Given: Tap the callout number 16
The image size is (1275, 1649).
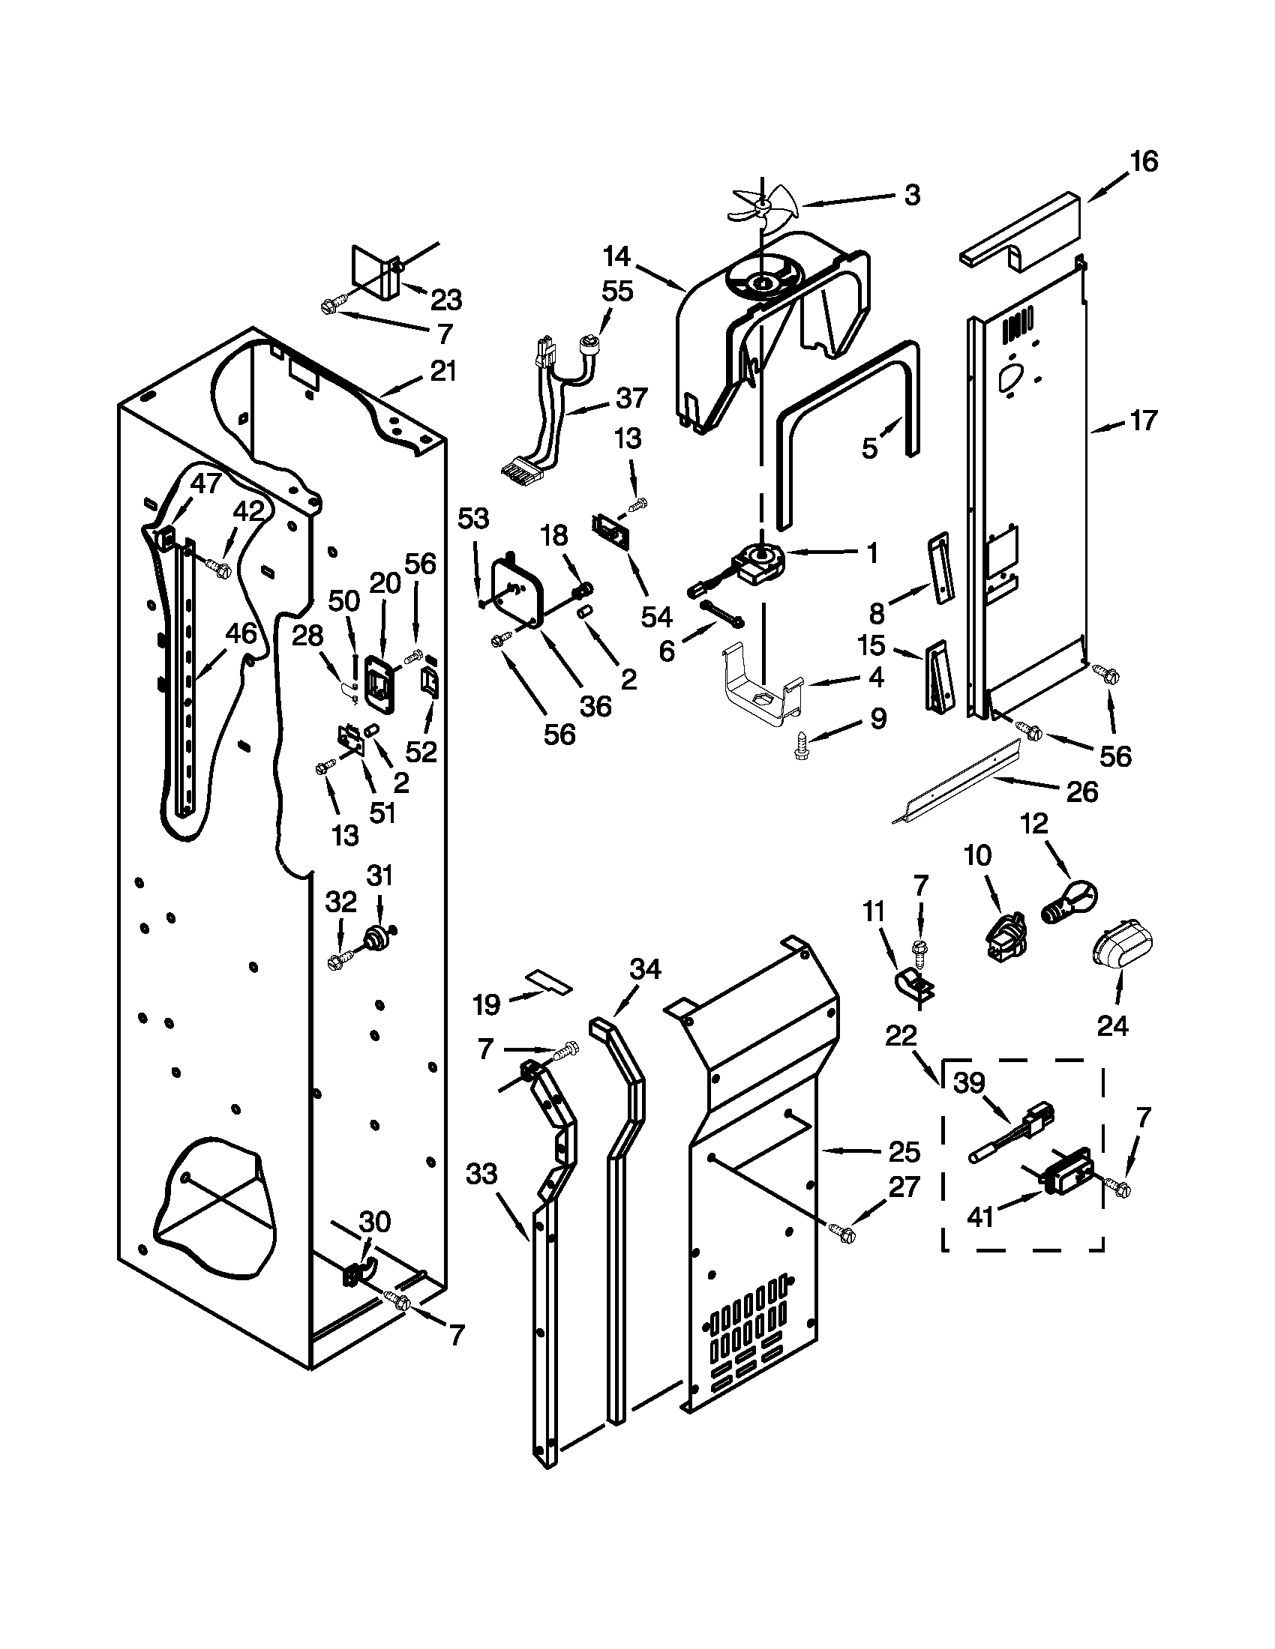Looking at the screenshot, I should (1144, 162).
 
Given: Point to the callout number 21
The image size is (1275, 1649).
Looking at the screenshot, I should (442, 372).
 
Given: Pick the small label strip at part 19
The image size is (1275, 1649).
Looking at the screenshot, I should (549, 982).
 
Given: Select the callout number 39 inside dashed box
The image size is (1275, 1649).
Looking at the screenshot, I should (969, 1083).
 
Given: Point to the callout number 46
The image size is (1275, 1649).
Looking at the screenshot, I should (240, 633).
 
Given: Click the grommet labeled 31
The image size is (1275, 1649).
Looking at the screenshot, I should (376, 938).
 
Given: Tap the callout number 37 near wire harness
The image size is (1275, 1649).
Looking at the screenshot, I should (631, 397).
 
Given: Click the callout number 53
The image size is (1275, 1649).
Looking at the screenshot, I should (473, 519).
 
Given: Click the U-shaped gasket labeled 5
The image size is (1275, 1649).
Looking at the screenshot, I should (846, 423).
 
